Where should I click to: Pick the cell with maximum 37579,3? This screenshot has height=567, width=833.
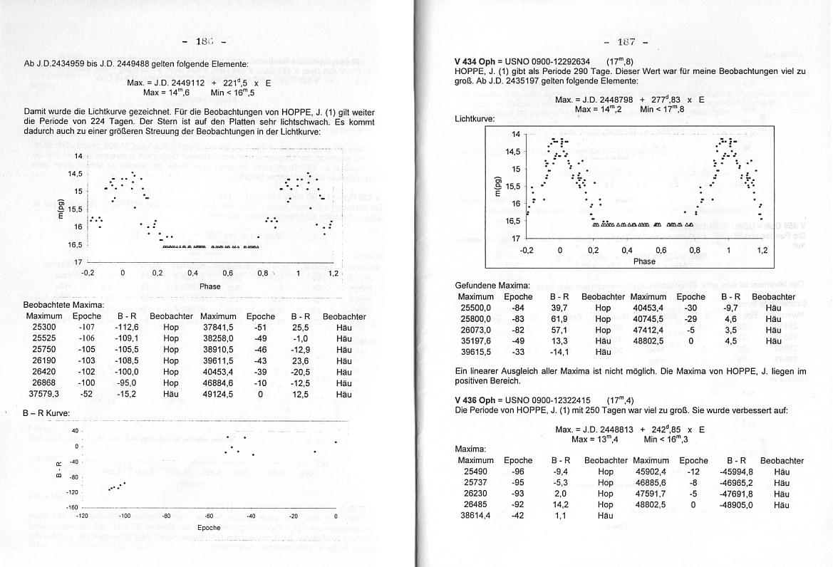43,394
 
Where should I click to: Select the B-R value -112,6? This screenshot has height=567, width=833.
126,327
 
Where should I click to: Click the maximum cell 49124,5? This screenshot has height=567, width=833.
219,394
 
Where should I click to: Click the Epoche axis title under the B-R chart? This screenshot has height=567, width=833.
209,527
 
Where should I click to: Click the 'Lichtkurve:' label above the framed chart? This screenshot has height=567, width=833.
475,120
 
